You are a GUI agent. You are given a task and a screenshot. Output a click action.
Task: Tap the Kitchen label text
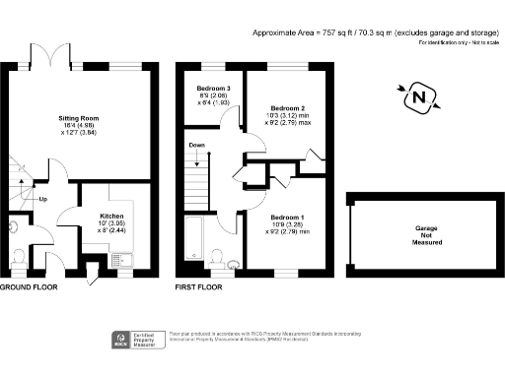111,215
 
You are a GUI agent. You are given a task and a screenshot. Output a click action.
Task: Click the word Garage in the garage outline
426,227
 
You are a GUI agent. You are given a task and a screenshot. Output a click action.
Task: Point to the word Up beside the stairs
43,200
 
